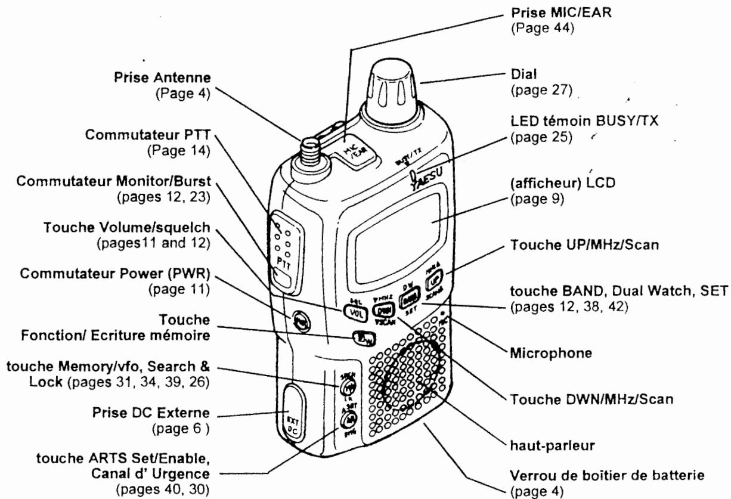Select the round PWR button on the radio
coord(299,320)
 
